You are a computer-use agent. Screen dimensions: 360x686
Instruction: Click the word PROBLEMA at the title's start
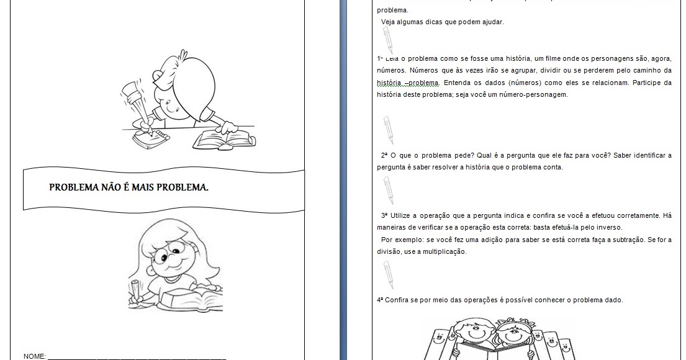(73, 187)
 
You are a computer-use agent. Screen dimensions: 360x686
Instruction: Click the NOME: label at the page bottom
(35, 356)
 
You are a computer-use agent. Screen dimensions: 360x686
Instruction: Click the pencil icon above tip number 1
(388, 41)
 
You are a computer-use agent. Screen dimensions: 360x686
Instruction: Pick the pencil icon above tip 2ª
(389, 130)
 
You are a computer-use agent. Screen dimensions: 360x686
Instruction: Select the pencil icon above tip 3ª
(388, 190)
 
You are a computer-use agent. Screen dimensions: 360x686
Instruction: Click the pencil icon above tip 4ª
(388, 274)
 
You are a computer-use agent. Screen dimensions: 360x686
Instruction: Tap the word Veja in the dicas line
(389, 22)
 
